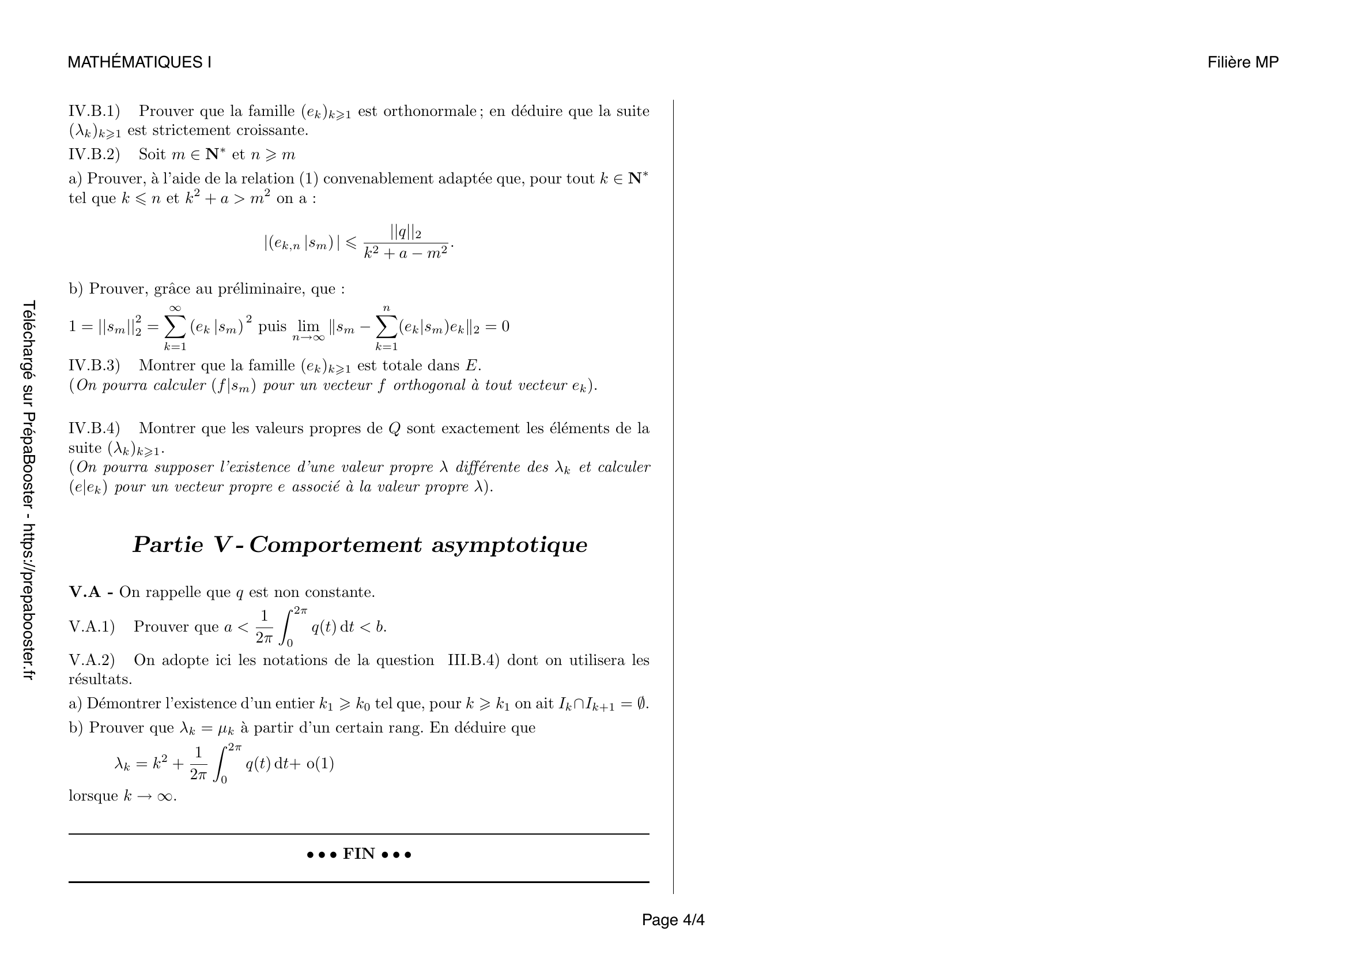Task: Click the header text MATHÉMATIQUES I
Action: [x=139, y=62]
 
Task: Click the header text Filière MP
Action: [x=1243, y=62]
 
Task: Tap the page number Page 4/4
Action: [x=673, y=919]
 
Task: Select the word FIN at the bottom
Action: [x=358, y=854]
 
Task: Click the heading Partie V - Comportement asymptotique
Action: [x=359, y=544]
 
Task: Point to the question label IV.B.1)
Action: [x=94, y=111]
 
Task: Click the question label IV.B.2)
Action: [x=94, y=155]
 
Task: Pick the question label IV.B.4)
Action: [x=94, y=428]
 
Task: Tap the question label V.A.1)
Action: [x=92, y=627]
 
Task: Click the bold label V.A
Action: [x=86, y=592]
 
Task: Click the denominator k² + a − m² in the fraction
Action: [x=406, y=253]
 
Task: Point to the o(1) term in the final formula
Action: [x=320, y=764]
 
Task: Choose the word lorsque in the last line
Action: [x=93, y=796]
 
